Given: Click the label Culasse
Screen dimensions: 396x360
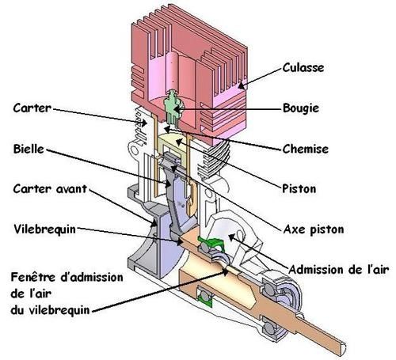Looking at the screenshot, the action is (x=303, y=68).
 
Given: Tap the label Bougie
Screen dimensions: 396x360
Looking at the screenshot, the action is (x=301, y=108).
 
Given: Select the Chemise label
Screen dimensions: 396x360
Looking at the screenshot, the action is (x=306, y=150).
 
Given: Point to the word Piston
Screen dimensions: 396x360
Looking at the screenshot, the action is (x=299, y=189).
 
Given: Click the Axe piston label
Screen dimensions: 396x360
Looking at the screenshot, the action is (x=314, y=229).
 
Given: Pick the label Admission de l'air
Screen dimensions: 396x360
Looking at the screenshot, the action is (x=339, y=270).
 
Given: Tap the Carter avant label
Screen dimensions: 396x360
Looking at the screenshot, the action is (x=50, y=189).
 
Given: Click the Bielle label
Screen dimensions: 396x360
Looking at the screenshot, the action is (x=29, y=149).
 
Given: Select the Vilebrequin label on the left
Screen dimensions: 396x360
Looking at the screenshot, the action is (x=45, y=229).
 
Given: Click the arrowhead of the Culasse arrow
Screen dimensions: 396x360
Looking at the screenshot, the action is (x=241, y=85).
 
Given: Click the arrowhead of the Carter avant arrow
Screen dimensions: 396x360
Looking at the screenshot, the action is (x=154, y=224).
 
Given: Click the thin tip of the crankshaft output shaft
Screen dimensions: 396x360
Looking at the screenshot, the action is (x=344, y=347).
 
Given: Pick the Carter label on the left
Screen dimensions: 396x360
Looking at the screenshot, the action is (x=32, y=108).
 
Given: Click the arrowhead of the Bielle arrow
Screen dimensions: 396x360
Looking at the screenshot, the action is (x=168, y=184).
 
